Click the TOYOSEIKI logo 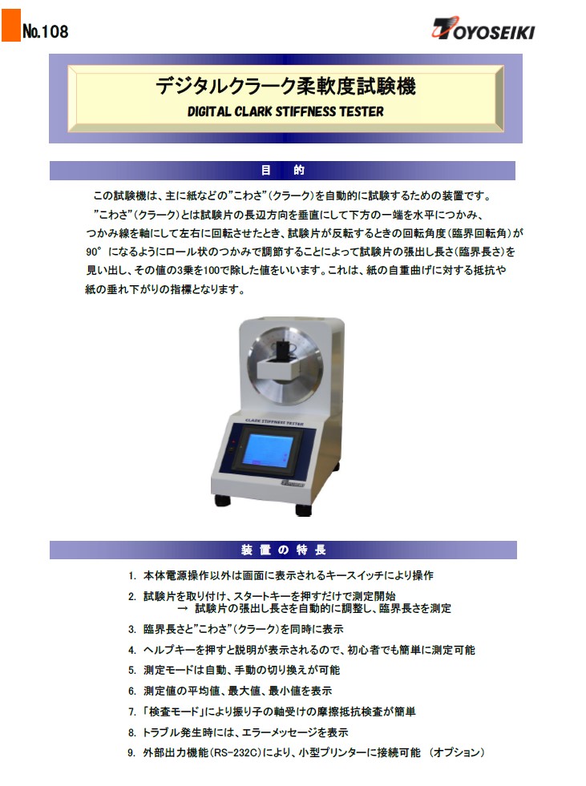(483, 29)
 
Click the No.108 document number (45, 31)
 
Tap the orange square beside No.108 (10, 26)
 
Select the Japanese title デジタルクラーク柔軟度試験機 (285, 86)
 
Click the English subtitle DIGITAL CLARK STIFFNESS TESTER (285, 111)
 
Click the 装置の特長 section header (284, 550)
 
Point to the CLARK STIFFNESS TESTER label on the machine (274, 422)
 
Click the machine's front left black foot (223, 500)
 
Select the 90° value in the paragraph (94, 252)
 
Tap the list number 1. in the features (132, 575)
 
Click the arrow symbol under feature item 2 (183, 609)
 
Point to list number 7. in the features (132, 711)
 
